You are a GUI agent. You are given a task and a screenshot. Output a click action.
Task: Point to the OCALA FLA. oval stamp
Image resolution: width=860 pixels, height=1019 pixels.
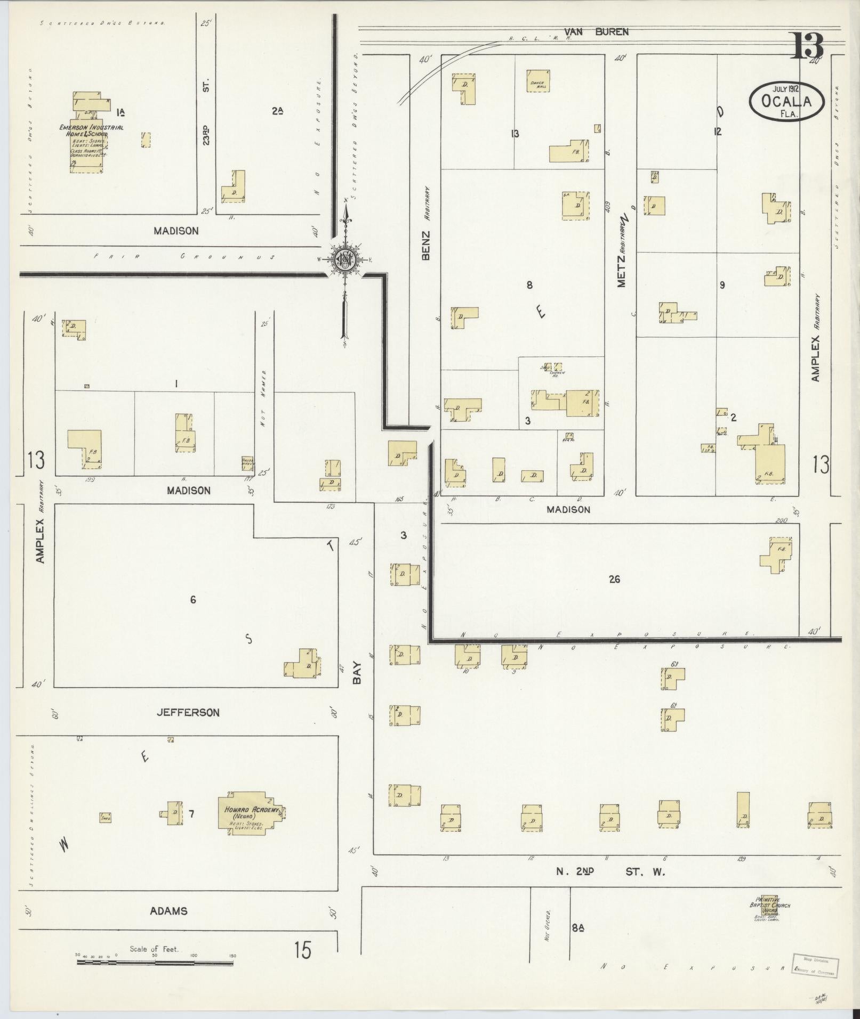click(786, 101)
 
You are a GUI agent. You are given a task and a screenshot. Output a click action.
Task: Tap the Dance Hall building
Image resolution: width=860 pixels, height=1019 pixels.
click(538, 81)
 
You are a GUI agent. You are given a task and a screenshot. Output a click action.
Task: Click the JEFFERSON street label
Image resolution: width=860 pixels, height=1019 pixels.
click(188, 713)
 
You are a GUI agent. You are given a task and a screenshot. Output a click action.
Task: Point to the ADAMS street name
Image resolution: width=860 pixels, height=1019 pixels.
click(169, 911)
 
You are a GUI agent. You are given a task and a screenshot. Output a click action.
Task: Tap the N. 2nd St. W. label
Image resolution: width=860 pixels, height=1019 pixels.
click(610, 872)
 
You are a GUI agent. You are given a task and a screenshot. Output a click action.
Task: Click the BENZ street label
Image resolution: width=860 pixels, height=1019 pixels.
click(425, 246)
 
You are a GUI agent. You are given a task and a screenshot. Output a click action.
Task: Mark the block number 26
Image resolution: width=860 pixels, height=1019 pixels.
click(614, 580)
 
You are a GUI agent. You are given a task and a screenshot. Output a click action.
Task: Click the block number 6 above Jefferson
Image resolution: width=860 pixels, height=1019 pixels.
click(193, 600)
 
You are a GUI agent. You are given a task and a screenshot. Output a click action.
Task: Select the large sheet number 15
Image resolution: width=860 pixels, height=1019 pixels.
click(302, 950)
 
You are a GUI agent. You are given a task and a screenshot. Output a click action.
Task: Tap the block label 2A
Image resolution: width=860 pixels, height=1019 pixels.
click(277, 111)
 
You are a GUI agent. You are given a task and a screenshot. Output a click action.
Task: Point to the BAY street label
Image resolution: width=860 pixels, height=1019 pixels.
click(357, 673)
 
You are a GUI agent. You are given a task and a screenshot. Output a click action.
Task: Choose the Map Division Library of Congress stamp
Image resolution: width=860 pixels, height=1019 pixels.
click(815, 966)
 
